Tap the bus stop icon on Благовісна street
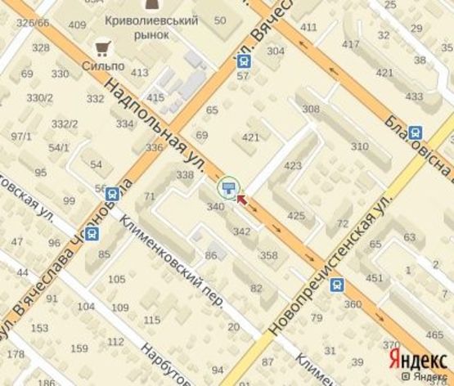click(x=416, y=132)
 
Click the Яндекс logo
click(x=417, y=360)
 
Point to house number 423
click(x=293, y=165)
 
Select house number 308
click(x=310, y=109)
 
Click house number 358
click(x=268, y=255)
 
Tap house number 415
click(x=155, y=98)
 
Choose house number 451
click(x=374, y=278)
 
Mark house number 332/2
click(x=65, y=124)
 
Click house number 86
click(x=211, y=256)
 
